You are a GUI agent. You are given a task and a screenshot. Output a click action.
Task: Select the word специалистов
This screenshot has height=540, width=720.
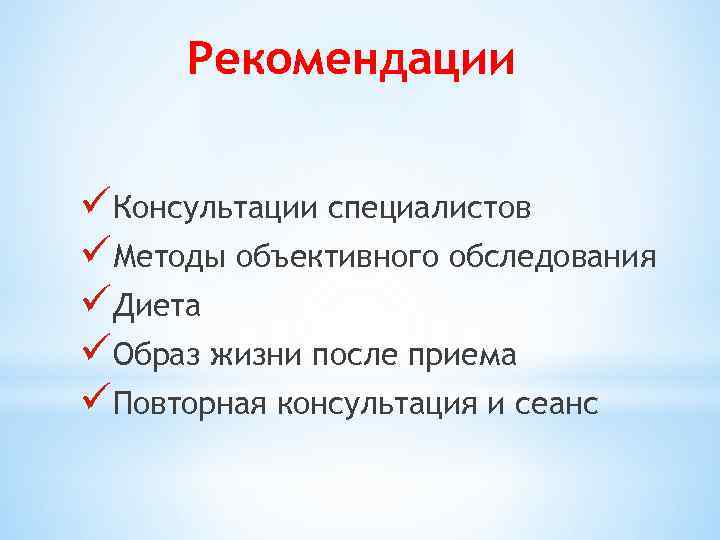tap(430, 209)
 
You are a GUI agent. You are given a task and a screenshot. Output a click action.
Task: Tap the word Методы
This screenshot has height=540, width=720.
tap(171, 258)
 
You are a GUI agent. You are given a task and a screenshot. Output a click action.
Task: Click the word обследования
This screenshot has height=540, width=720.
tap(553, 257)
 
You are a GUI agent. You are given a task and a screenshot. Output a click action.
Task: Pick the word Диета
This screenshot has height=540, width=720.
tap(157, 307)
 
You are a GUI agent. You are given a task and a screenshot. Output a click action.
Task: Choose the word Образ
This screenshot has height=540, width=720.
tap(159, 355)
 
